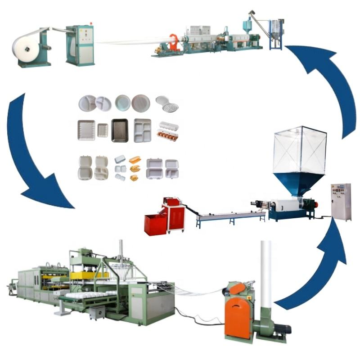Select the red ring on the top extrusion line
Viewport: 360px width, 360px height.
174,42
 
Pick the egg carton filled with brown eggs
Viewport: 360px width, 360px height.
167,135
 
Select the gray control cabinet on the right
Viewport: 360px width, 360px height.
341,202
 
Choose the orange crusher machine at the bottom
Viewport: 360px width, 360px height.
238,310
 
